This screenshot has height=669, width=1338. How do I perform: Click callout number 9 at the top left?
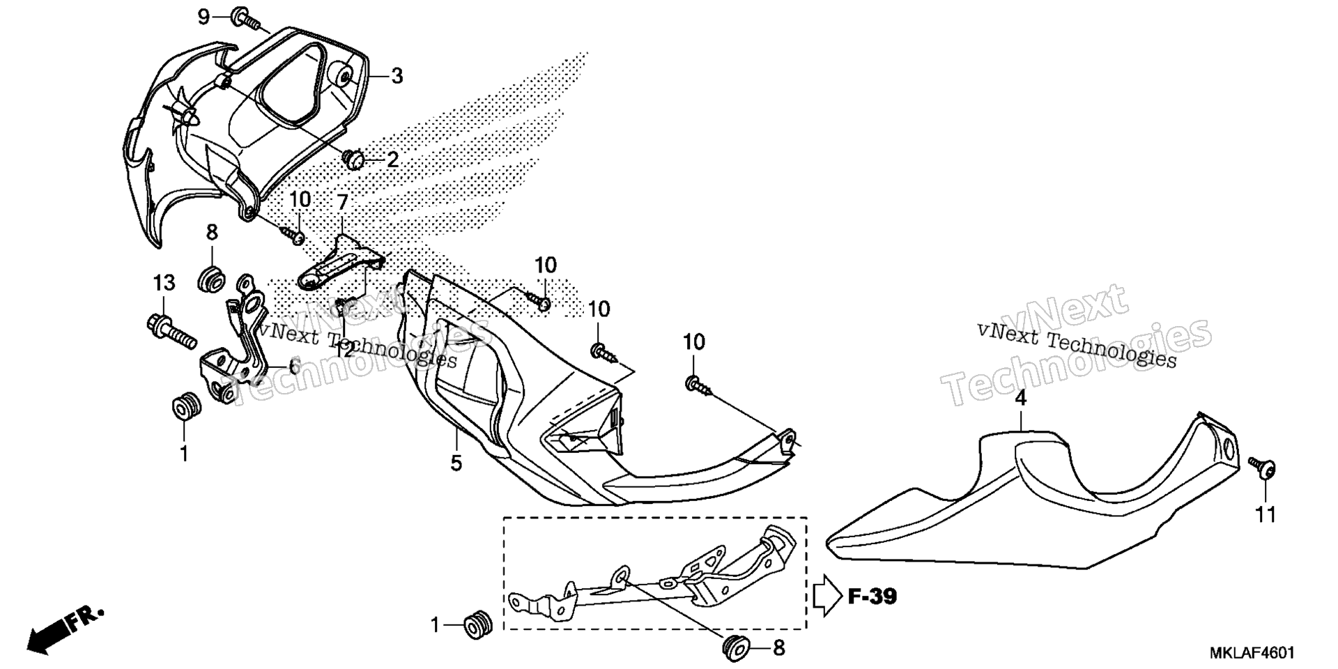pyautogui.click(x=203, y=16)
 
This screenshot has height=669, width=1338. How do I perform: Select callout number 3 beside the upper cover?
pyautogui.click(x=397, y=76)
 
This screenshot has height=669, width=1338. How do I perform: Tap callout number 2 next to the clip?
pyautogui.click(x=392, y=160)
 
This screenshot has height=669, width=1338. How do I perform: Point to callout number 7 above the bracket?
pyautogui.click(x=342, y=203)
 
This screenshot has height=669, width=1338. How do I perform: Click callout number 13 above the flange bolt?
pyautogui.click(x=164, y=283)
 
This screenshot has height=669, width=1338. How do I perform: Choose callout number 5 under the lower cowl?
pyautogui.click(x=456, y=463)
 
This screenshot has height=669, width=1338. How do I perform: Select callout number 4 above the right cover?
pyautogui.click(x=1020, y=399)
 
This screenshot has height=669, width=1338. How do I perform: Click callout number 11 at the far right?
pyautogui.click(x=1266, y=515)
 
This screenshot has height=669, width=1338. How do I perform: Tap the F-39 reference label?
pyautogui.click(x=872, y=597)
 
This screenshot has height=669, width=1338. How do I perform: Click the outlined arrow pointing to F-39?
pyautogui.click(x=828, y=596)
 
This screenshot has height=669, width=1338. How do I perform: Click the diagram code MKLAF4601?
pyautogui.click(x=1252, y=653)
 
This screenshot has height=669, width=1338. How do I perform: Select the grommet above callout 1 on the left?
pyautogui.click(x=186, y=406)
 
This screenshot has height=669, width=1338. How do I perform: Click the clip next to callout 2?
pyautogui.click(x=355, y=161)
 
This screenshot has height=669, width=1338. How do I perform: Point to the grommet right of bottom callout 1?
pyautogui.click(x=478, y=625)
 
